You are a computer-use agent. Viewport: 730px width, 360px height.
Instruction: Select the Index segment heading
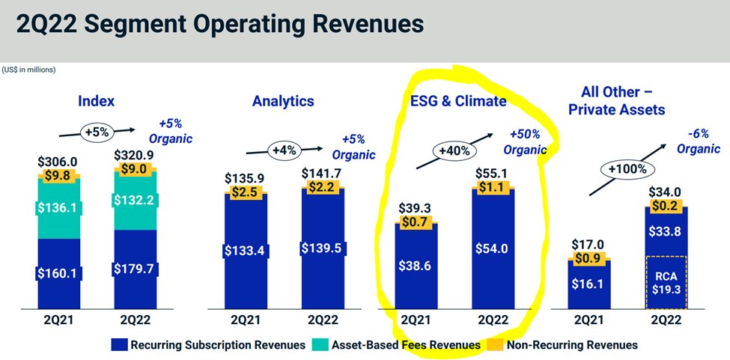tap(96, 101)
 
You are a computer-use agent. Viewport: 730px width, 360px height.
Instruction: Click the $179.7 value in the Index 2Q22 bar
tap(136, 267)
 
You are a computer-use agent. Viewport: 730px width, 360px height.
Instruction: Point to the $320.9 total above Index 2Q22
tap(136, 159)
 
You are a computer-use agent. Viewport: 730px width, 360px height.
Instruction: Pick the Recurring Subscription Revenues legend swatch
tap(119, 345)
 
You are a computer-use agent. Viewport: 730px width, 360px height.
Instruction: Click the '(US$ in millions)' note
tap(28, 70)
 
